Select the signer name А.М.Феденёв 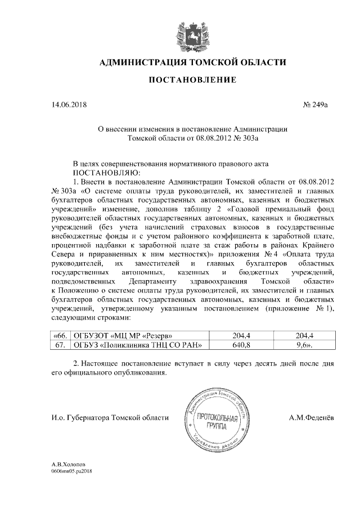pos(312,417)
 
